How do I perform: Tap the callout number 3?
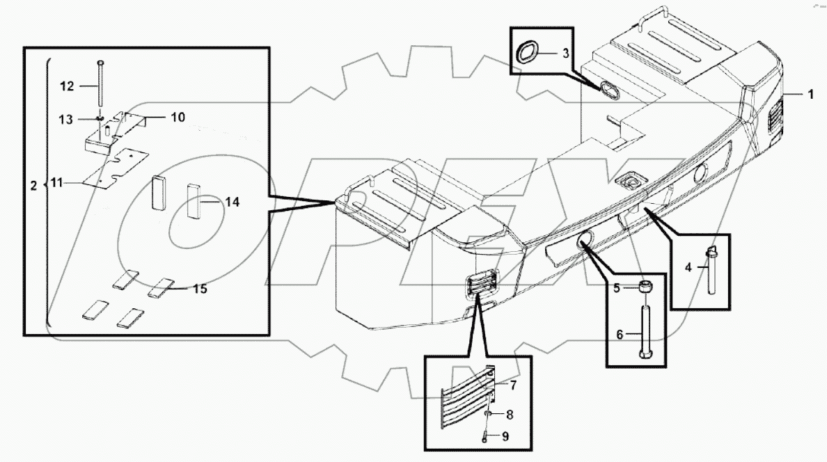click(x=565, y=54)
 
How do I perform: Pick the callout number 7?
click(x=513, y=384)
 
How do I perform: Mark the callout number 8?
click(x=510, y=415)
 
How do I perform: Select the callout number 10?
click(x=178, y=117)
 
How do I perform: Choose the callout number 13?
click(x=66, y=120)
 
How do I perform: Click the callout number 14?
click(x=232, y=202)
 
